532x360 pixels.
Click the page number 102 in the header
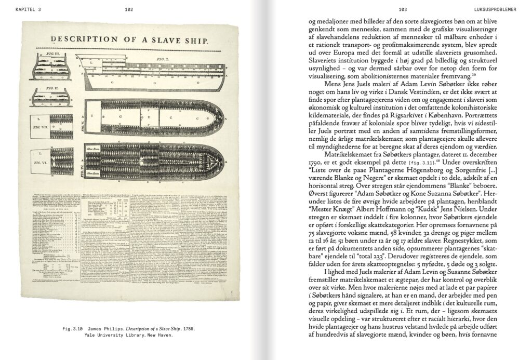click(x=129, y=9)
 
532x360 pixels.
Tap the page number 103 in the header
click(x=402, y=9)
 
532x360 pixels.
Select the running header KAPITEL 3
click(x=28, y=9)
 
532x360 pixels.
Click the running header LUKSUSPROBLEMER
click(x=494, y=9)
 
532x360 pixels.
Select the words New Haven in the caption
click(x=159, y=335)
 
